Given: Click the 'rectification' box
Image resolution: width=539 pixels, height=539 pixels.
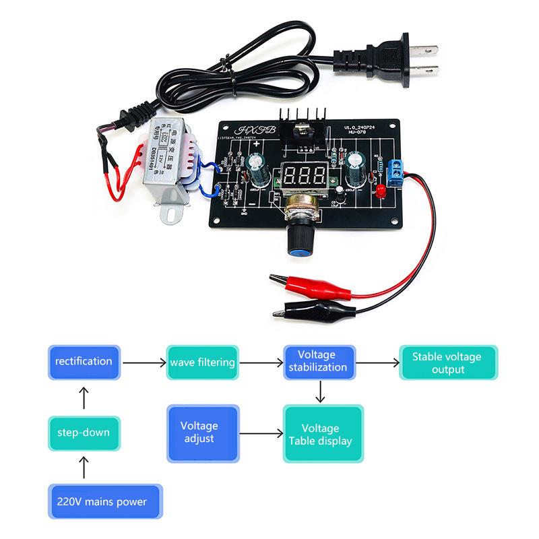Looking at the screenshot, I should [x=84, y=362].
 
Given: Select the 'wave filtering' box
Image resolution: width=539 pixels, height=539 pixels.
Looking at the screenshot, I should [x=203, y=362].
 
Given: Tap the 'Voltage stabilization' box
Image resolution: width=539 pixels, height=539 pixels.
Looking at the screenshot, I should [x=317, y=361].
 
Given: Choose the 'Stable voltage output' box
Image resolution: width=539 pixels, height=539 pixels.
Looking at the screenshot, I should [x=447, y=362].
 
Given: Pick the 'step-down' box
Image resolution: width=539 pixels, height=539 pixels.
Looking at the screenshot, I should [x=84, y=432].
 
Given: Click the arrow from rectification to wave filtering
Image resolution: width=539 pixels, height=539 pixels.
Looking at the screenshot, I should [x=144, y=362].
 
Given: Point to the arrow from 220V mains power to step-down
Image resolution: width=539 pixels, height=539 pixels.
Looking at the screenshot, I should [x=84, y=466].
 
